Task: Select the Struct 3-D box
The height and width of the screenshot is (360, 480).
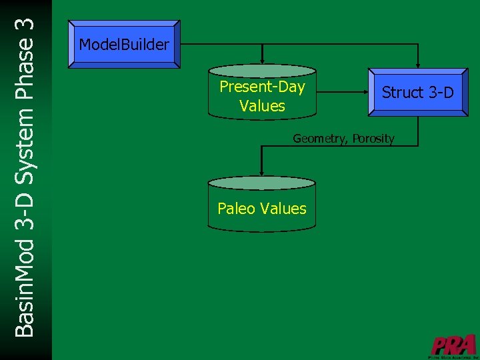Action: click(417, 93)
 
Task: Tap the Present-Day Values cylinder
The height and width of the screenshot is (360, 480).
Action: click(262, 93)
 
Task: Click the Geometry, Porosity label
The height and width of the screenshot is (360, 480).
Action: click(343, 139)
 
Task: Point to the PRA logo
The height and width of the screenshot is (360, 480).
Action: click(453, 345)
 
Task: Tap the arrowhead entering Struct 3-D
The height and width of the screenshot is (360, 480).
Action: click(418, 63)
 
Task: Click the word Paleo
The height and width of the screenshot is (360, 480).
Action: click(236, 209)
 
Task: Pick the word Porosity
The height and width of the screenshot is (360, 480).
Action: click(373, 139)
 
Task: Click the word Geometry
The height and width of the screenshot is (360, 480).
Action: click(321, 139)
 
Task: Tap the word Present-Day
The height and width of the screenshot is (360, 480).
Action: click(262, 87)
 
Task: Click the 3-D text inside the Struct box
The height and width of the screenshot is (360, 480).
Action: click(439, 93)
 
